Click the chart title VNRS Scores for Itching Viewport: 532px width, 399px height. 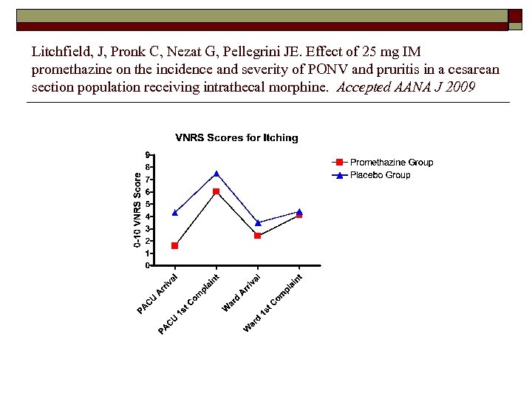[236, 137]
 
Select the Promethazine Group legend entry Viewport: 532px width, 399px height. [391, 163]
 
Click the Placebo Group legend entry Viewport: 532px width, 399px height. [380, 175]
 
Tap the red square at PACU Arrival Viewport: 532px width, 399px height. [174, 245]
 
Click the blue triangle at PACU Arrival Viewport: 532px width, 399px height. [174, 212]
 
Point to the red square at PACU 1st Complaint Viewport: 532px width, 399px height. [216, 191]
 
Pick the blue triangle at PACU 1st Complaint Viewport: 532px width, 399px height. [216, 174]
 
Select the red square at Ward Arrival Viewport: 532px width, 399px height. [257, 236]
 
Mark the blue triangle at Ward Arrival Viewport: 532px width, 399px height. [257, 222]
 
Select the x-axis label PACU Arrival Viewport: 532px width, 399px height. [157, 293]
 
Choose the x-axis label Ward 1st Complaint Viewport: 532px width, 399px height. [273, 302]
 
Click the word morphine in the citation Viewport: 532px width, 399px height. [307, 86]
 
